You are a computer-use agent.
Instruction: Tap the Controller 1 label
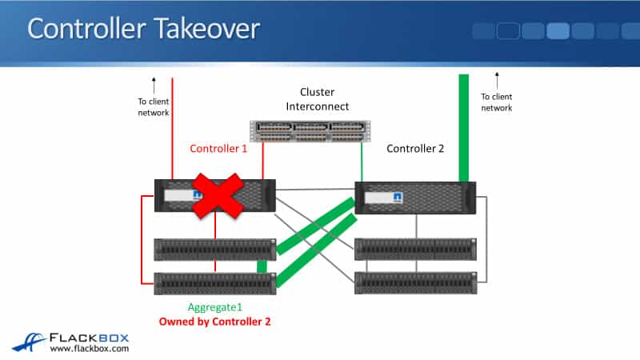coord(218,149)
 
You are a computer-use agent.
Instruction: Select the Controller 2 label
coord(416,149)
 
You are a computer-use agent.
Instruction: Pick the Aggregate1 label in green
coord(214,308)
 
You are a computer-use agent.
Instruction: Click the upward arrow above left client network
coord(154,83)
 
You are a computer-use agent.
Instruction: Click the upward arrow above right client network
coord(496,81)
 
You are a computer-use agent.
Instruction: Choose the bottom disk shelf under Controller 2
coord(415,282)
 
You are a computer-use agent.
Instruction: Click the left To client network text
coord(154,106)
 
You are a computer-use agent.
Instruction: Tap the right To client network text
coord(496,102)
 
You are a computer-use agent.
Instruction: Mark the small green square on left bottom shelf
coord(261,266)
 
